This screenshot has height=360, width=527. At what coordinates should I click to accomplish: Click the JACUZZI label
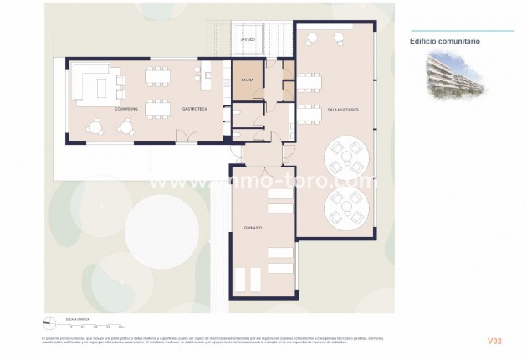(x=248, y=39)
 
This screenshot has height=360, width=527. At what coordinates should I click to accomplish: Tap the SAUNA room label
(x=247, y=80)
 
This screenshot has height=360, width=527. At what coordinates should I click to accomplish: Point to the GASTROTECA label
(x=194, y=109)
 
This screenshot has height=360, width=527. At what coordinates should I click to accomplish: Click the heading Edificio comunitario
(x=444, y=40)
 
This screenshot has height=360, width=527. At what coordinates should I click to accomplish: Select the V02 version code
(x=494, y=341)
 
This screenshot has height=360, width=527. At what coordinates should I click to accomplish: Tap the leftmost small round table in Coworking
(x=95, y=127)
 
